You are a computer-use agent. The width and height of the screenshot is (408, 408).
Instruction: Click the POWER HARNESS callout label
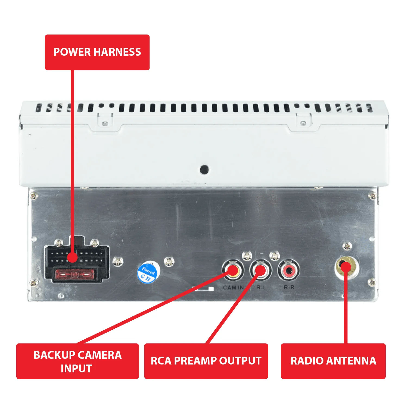point(97,52)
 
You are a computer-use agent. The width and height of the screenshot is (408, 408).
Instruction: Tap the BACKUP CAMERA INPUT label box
point(77,361)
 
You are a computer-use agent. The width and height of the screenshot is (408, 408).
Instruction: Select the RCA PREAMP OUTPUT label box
point(206,361)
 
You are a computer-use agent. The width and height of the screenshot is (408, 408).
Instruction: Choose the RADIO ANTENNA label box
point(333,361)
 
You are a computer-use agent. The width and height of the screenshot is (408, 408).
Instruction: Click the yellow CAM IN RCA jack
point(233,270)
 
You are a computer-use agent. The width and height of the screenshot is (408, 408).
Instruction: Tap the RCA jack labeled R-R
point(288,270)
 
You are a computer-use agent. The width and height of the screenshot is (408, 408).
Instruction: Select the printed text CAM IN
point(233,288)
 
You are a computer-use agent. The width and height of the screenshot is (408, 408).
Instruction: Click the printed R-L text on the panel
point(261,288)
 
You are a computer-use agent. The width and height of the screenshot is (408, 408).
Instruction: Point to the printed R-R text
point(289,288)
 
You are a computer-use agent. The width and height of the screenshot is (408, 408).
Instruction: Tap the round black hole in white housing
point(204,170)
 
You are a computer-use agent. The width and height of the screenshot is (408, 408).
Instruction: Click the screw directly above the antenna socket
point(347,246)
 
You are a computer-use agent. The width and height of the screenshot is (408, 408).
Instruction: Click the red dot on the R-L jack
point(260,270)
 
